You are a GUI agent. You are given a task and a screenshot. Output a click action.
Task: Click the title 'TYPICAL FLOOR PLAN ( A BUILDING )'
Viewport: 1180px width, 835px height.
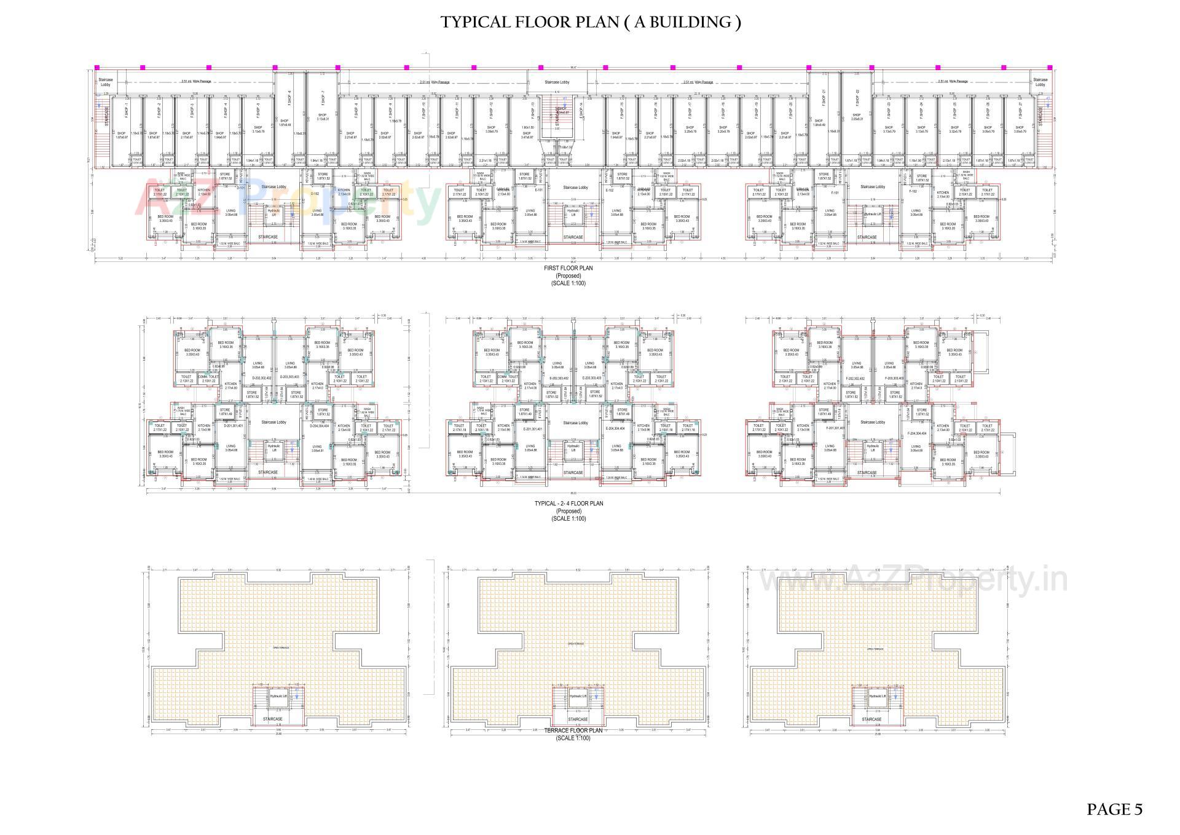590,23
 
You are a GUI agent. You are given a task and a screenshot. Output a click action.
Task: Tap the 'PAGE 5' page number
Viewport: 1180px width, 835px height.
1114,809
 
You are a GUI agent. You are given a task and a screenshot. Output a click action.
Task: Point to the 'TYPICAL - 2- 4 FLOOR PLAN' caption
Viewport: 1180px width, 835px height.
568,504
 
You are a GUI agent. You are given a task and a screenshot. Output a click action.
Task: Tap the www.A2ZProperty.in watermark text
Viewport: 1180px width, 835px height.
914,581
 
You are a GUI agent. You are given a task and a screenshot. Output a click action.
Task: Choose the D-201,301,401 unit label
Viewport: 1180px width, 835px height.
234,425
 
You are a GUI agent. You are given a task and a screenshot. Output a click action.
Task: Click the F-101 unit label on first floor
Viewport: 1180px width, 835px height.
835,192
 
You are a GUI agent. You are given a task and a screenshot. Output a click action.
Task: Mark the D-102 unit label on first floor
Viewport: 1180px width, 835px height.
315,193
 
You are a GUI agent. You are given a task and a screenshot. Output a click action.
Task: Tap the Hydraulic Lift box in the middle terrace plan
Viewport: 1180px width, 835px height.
576,696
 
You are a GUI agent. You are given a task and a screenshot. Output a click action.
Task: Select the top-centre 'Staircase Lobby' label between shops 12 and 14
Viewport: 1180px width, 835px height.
557,82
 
